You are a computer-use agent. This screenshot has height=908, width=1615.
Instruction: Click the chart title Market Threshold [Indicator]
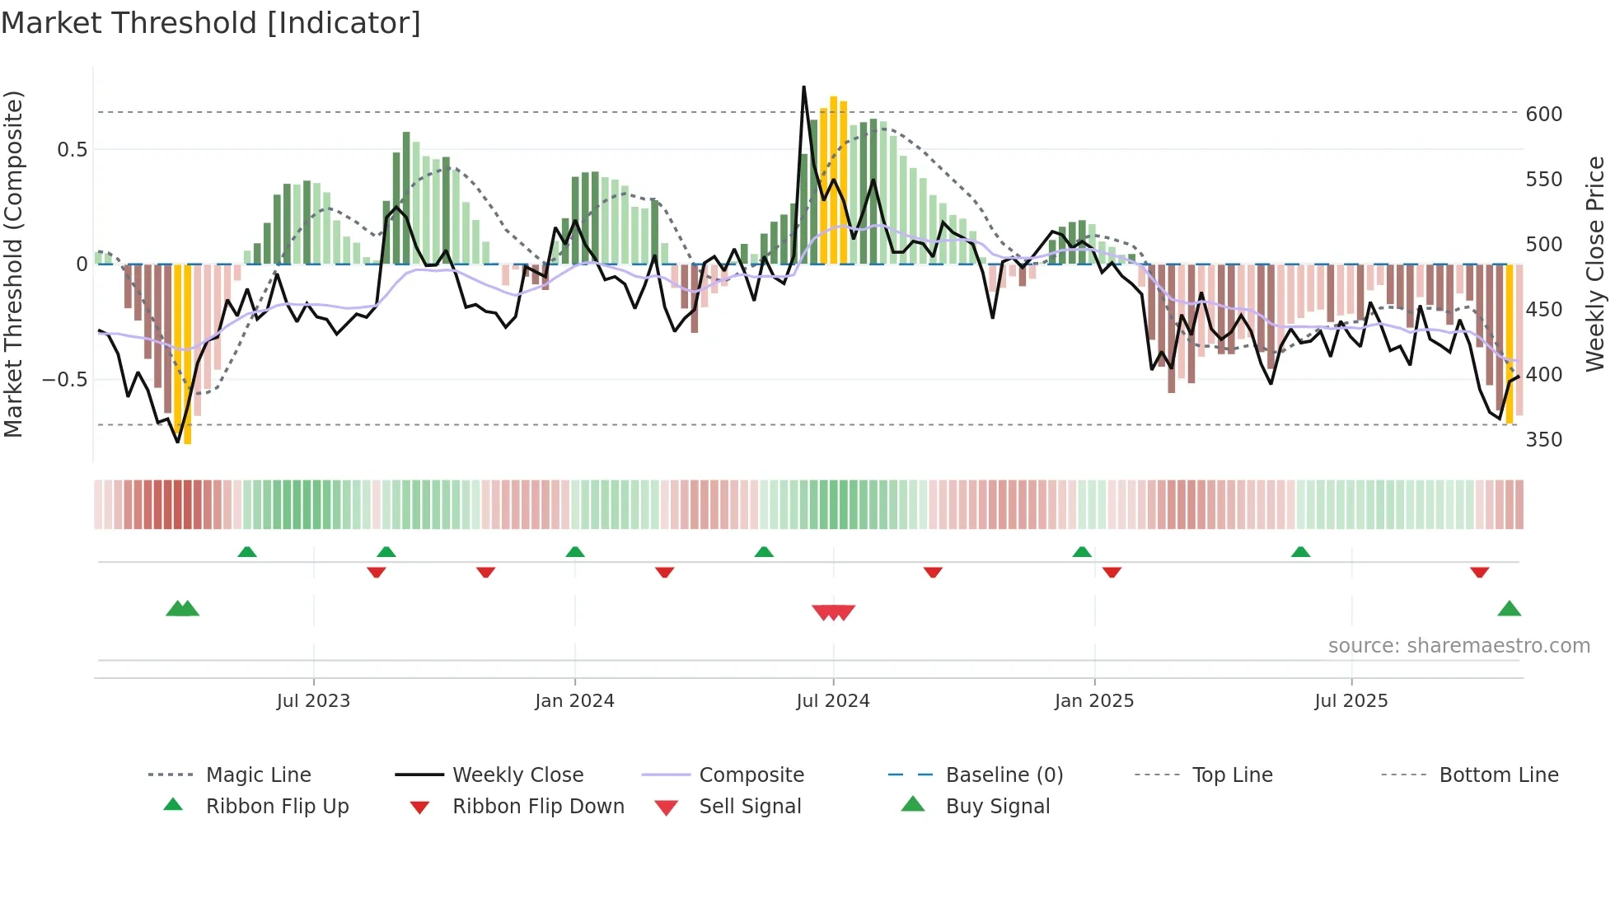click(211, 23)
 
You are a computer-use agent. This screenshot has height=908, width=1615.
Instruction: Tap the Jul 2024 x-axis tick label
click(832, 700)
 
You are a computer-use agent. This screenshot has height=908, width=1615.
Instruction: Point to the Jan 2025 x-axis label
click(1093, 700)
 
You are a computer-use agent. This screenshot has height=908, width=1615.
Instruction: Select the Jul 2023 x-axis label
click(313, 700)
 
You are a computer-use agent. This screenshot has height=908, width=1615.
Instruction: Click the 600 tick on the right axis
click(1543, 114)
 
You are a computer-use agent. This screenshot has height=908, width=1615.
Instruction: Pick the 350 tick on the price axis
click(1543, 439)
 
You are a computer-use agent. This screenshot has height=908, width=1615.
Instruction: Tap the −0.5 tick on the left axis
click(64, 379)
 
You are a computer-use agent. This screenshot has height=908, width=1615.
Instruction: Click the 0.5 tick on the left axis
click(72, 149)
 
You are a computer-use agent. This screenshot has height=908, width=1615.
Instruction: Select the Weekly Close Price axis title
click(1595, 264)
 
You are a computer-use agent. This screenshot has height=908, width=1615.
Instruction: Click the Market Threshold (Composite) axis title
click(13, 264)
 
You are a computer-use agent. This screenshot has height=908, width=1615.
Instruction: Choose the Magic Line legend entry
click(258, 775)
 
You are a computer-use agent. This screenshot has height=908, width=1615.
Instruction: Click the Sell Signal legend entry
click(749, 806)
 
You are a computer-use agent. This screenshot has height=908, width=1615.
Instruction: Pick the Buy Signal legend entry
click(997, 806)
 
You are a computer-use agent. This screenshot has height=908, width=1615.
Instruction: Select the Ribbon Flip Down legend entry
click(537, 806)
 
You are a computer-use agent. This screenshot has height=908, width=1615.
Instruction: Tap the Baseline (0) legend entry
click(1004, 775)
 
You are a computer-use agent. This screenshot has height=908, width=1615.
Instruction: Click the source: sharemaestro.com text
click(1458, 645)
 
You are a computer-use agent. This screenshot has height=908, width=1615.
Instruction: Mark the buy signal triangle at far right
click(1509, 609)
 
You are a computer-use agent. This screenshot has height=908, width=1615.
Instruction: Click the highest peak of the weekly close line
click(803, 87)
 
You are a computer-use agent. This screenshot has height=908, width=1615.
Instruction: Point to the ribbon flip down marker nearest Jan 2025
click(1112, 572)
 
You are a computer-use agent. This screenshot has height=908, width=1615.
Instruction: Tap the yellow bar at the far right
click(1510, 346)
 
